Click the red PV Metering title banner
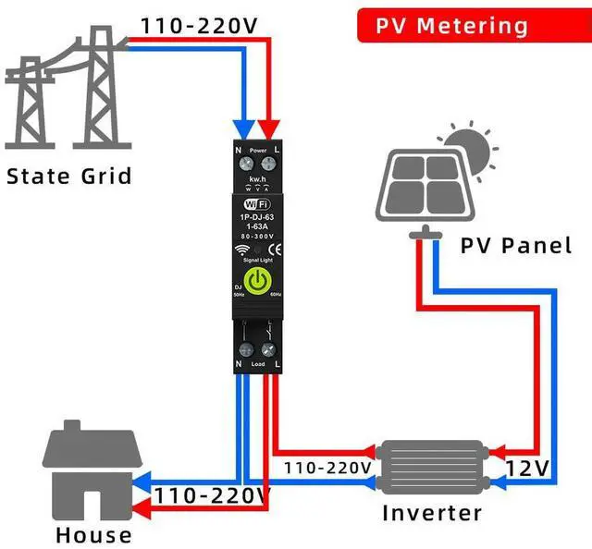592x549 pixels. (446, 25)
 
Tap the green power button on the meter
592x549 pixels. (257, 279)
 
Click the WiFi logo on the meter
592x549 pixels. (257, 204)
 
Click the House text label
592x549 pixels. (93, 534)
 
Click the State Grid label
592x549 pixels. (69, 176)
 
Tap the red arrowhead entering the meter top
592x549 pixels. (270, 128)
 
